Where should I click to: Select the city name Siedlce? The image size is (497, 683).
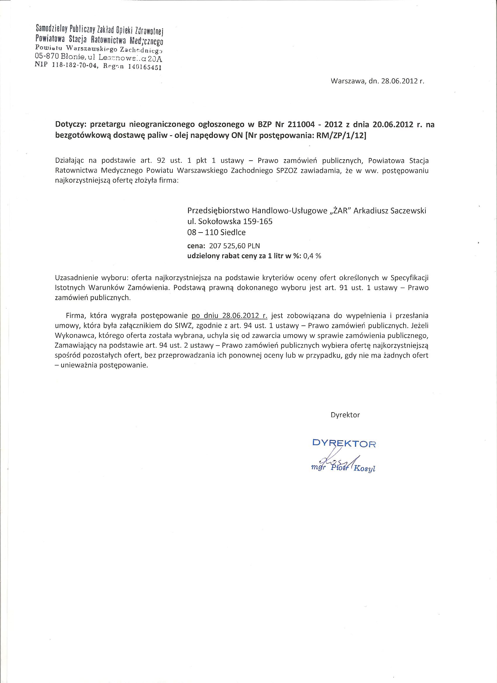232,233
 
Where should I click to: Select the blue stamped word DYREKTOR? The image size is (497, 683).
344,443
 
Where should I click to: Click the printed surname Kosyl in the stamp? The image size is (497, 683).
365,469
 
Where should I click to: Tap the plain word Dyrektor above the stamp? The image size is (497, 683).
345,415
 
